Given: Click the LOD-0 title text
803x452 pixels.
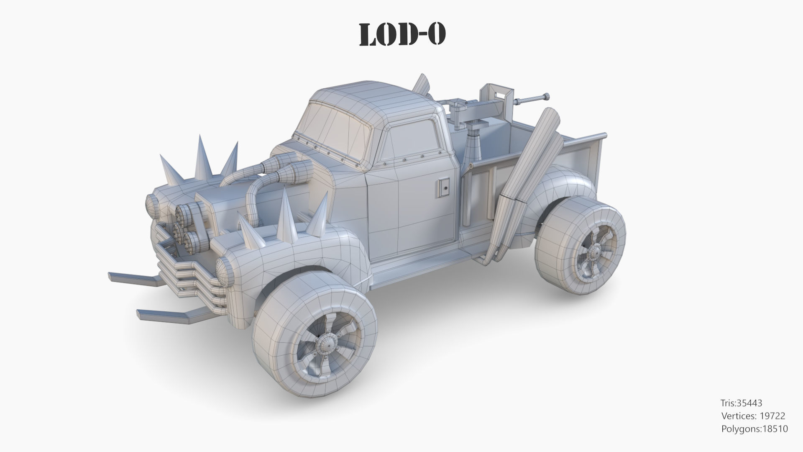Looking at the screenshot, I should point(402,34).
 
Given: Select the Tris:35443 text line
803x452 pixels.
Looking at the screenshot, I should point(741,403).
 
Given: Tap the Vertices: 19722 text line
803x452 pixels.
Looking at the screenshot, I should point(753,416).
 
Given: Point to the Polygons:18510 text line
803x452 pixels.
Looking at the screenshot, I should point(754,429).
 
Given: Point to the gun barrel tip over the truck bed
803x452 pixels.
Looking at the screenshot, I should point(545,97).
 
